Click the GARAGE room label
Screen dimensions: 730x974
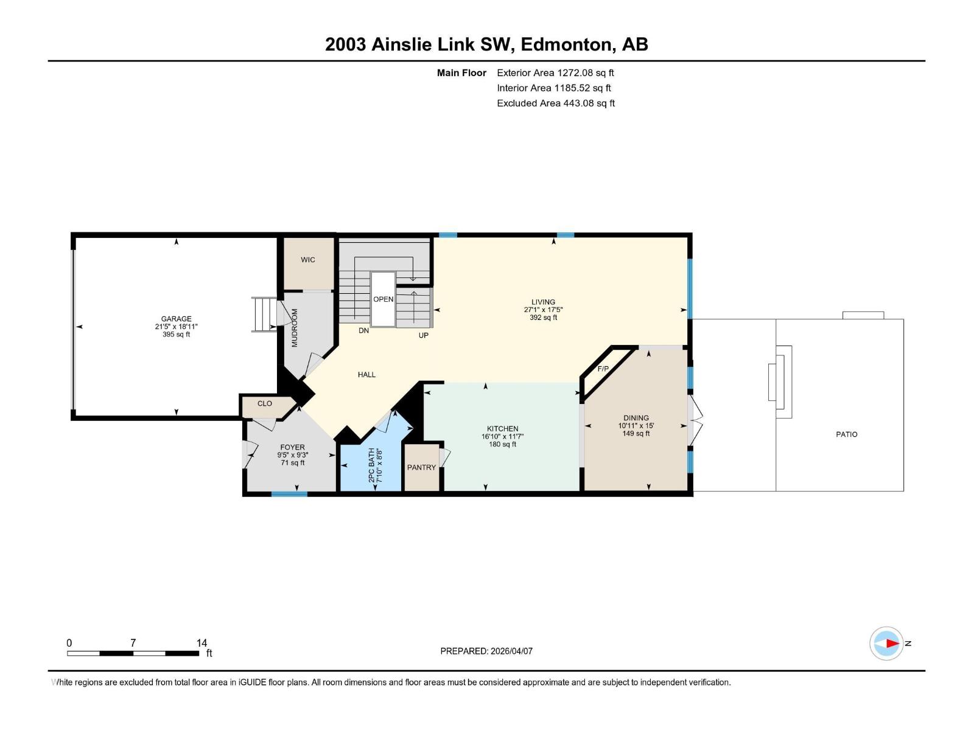[x=176, y=319]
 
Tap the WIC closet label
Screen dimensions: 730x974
[x=308, y=260]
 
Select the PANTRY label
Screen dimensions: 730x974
[x=421, y=467]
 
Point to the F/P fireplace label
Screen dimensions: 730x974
[x=603, y=369]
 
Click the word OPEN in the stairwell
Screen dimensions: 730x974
[x=383, y=299]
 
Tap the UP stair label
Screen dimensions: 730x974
[x=423, y=335]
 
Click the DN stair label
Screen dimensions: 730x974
[x=363, y=330]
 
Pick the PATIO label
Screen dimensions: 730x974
[x=846, y=434]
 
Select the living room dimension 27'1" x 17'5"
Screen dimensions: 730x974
[x=543, y=310]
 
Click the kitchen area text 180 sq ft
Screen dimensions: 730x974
[x=502, y=444]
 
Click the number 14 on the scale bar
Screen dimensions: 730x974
[x=201, y=643]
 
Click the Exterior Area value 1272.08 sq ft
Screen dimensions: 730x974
[x=585, y=73]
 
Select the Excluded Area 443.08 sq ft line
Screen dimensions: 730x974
[x=555, y=103]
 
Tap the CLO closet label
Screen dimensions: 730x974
[x=264, y=403]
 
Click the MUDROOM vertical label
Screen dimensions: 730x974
[x=295, y=328]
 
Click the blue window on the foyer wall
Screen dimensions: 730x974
[x=289, y=494]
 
